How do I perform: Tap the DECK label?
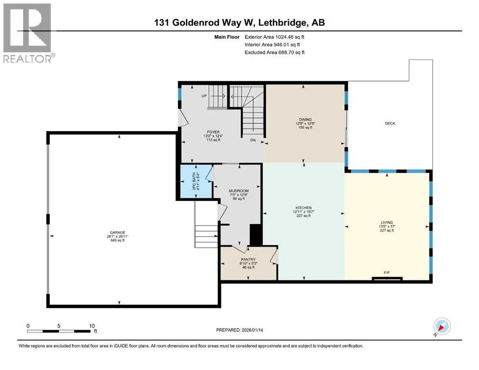tap(390, 124)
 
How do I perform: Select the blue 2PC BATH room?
tap(195, 181)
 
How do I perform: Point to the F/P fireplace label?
tap(386, 274)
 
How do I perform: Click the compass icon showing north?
tap(442, 327)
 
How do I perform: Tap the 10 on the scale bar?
tap(92, 325)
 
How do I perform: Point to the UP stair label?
tap(204, 96)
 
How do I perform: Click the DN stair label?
tap(253, 141)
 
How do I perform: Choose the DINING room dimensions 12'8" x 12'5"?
tap(305, 124)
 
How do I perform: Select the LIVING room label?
tap(387, 222)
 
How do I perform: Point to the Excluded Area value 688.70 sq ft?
tap(288, 52)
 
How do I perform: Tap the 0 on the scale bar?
tap(28, 325)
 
